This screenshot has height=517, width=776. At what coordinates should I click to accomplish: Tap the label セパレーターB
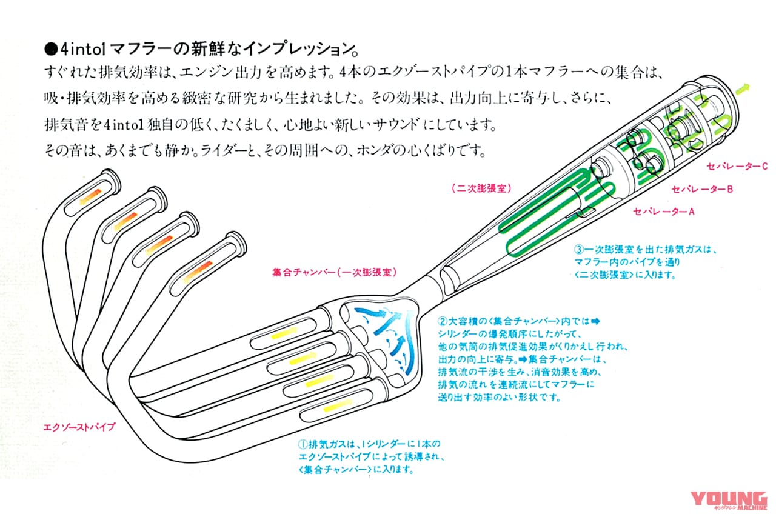point(703,189)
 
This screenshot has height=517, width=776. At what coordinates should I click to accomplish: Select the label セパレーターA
point(663,212)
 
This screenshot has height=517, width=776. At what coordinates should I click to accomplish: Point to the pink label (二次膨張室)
point(479,188)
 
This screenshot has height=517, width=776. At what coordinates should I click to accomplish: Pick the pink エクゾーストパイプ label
point(79,426)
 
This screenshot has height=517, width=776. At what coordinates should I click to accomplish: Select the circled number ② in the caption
point(441,320)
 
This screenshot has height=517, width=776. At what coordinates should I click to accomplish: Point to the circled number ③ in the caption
point(579,249)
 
